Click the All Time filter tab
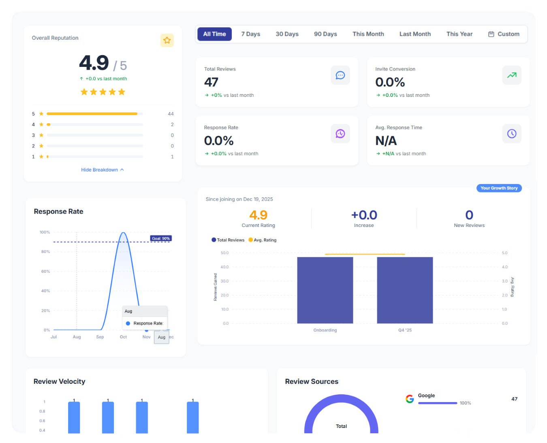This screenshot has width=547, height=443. (214, 34)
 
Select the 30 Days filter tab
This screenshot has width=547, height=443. (287, 34)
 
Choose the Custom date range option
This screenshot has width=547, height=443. (504, 34)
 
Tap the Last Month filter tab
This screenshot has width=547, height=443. (415, 34)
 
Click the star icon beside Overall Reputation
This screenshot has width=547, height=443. (167, 40)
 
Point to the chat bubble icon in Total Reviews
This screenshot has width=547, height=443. (340, 75)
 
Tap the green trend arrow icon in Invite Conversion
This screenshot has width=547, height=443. (512, 75)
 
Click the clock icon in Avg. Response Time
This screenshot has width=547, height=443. (512, 134)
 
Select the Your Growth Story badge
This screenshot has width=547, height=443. (499, 188)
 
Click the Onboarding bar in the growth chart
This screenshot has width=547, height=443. (325, 290)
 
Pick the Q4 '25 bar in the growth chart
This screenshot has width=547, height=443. (405, 290)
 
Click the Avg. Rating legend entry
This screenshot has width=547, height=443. (263, 240)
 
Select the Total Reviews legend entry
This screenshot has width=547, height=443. (228, 240)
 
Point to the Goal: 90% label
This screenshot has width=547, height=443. (161, 238)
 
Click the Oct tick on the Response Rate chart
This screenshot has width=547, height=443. (123, 337)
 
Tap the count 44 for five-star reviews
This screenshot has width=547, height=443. (171, 114)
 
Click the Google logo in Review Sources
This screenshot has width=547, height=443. (410, 399)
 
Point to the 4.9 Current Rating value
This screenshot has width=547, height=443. (258, 215)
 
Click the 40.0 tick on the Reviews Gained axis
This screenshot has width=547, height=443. (224, 267)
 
